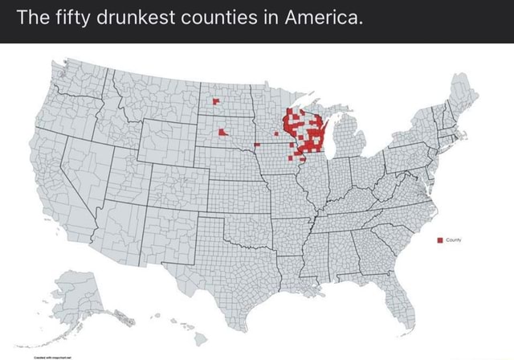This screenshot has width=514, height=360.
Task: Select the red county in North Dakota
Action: click(215, 102)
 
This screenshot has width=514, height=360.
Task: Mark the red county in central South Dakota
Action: click(221, 132)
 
